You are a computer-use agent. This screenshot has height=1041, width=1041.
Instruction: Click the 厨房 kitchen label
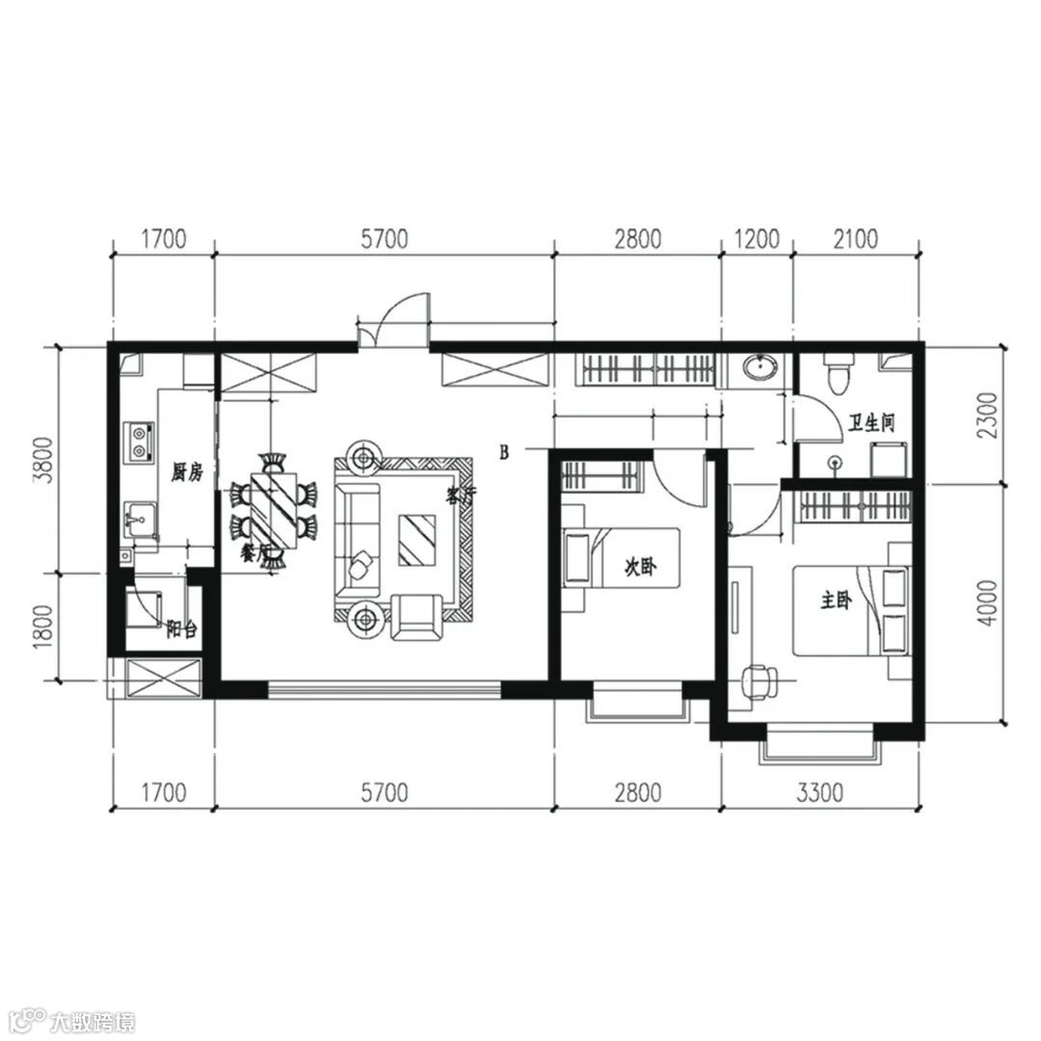(x=187, y=472)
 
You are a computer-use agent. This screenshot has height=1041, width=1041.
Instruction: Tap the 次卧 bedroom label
(x=640, y=567)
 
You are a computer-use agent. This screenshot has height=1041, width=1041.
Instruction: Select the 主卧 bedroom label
(x=836, y=601)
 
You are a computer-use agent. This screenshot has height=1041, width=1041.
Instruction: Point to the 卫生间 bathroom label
(x=871, y=422)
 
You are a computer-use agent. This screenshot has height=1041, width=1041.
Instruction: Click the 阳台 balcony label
(x=182, y=628)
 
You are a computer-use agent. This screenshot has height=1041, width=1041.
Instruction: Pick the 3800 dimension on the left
(x=43, y=461)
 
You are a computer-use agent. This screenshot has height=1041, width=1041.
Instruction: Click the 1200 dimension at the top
(x=757, y=239)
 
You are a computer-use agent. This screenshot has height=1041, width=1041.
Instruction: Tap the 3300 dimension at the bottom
(x=820, y=792)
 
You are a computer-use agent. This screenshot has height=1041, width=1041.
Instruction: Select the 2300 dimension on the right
(x=989, y=414)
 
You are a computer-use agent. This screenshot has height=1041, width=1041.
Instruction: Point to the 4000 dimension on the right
(x=989, y=602)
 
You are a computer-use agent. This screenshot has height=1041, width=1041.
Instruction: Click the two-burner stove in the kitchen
(x=140, y=442)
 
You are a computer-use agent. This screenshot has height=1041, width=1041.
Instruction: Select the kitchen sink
(x=140, y=519)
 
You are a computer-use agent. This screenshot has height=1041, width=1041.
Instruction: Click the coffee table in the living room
(x=417, y=541)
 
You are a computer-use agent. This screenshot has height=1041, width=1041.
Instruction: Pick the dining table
(x=274, y=510)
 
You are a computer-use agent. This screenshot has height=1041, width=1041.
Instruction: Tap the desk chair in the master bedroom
(x=759, y=682)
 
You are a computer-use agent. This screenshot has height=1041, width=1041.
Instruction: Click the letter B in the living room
(x=504, y=453)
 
